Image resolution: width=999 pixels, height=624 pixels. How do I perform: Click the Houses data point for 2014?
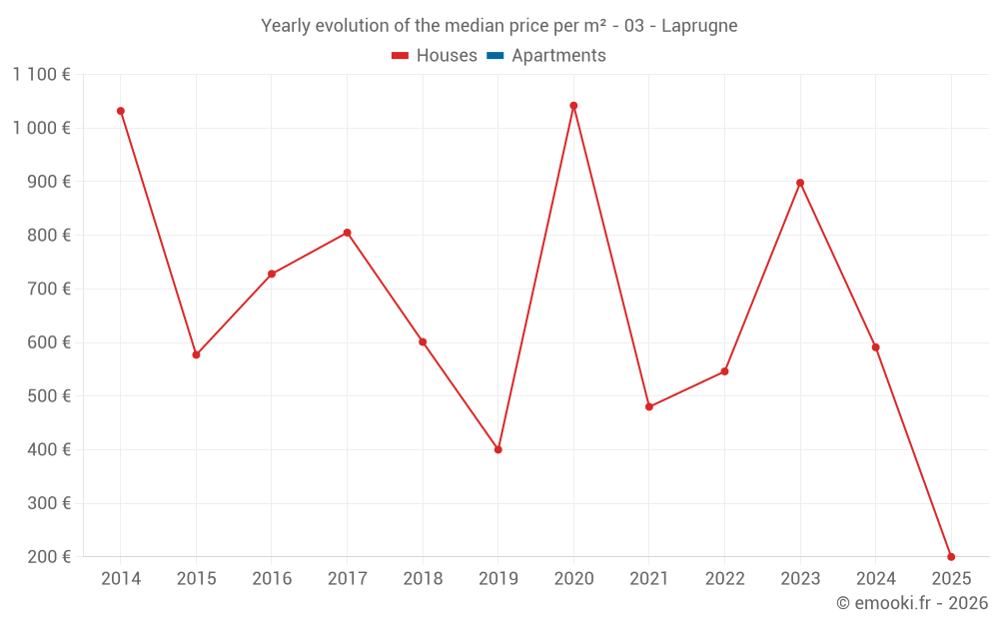point(121,111)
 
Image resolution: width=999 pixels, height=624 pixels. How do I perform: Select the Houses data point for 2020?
point(573,106)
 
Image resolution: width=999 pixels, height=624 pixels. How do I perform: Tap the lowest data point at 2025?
point(951,556)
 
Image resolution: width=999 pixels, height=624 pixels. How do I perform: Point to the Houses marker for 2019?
point(499,449)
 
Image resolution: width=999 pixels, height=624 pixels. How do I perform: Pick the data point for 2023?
point(800,183)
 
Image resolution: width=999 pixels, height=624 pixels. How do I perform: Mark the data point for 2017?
point(347,233)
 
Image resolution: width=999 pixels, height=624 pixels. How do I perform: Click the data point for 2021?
point(649,406)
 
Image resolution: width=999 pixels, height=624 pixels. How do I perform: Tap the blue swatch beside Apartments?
point(495,56)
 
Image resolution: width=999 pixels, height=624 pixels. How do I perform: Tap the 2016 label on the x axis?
point(272,579)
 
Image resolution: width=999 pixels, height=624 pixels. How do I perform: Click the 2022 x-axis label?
point(725,579)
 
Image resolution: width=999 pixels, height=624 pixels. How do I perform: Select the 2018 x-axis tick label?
point(423,579)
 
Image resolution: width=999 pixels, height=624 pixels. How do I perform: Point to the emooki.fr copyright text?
point(912,603)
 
